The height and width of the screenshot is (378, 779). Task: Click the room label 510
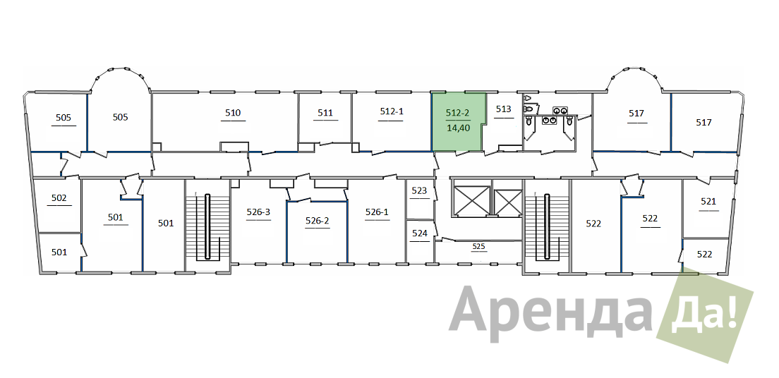[x=233, y=113]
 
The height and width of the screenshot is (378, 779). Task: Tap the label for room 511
[x=325, y=113]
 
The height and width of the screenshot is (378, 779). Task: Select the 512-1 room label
[x=392, y=111]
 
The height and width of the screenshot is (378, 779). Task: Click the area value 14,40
[x=458, y=127]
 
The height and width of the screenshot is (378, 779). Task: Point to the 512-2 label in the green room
[x=457, y=114]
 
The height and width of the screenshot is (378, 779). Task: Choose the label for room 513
[x=503, y=109]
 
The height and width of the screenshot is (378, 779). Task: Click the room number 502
[x=59, y=198]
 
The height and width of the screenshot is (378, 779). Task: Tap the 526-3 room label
[x=258, y=212]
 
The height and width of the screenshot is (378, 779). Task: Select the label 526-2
[x=318, y=221]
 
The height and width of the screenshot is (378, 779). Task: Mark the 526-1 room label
[x=377, y=212]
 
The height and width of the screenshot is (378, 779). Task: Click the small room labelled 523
[x=420, y=190]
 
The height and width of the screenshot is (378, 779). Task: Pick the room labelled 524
[x=420, y=233]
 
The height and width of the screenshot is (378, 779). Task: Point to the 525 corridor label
[x=478, y=246]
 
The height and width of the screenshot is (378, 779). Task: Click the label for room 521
[x=708, y=201]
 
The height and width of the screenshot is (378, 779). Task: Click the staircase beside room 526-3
[x=207, y=226]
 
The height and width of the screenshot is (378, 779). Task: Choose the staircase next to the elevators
[x=547, y=226]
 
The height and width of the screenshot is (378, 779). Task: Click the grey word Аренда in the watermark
[x=550, y=310]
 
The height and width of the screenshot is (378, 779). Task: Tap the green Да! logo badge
[x=704, y=318]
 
